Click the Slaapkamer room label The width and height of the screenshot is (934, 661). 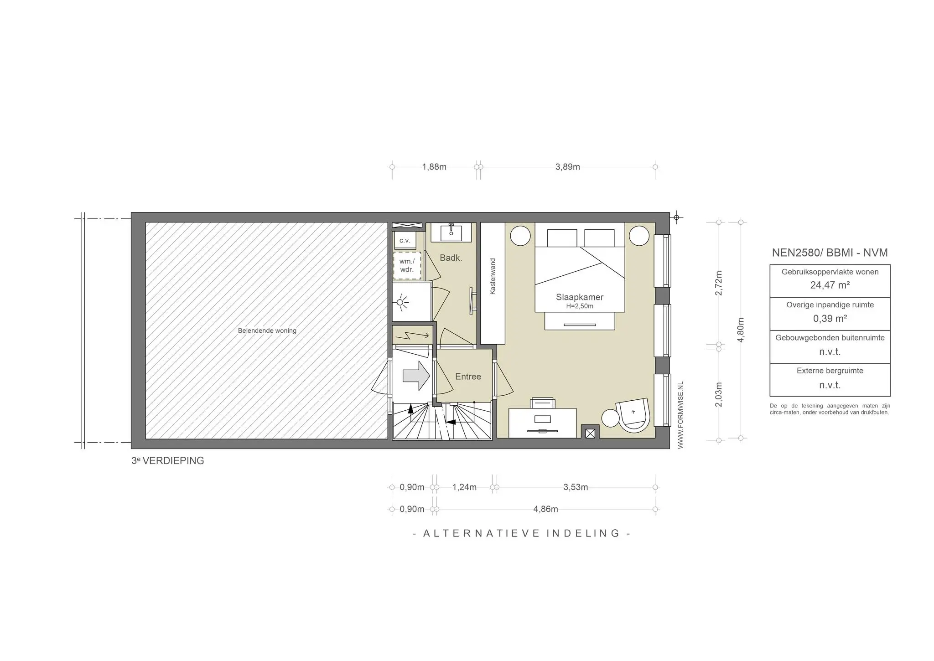coord(579,297)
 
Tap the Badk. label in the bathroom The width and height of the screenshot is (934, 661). coord(451,258)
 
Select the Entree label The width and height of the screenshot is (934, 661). coord(468,377)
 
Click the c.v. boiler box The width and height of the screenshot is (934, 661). coord(405,240)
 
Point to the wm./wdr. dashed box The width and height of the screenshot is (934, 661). coord(407,265)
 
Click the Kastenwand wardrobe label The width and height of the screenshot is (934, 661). coord(493,276)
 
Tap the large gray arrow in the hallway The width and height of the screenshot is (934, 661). coord(416,376)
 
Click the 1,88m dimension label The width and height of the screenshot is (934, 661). coord(434,167)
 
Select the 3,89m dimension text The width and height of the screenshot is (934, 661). coord(568,167)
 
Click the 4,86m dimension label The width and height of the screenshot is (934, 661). coord(545,509)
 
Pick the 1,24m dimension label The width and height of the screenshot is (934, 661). coord(464,487)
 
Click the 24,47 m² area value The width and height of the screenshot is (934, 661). coord(830,285)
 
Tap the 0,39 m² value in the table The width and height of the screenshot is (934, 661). coord(830,319)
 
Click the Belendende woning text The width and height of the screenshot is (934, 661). coord(267,330)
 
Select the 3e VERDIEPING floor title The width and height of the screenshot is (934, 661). coord(168,461)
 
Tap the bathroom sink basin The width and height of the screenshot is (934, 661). coord(451,232)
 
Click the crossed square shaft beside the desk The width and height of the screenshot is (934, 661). coord(590,433)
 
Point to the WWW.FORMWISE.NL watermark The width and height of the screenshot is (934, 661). coord(680,415)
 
